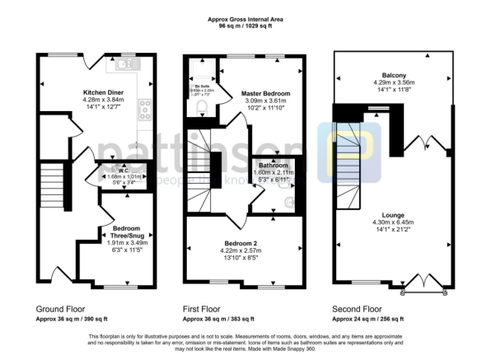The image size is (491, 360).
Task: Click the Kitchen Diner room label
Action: coord(102,92)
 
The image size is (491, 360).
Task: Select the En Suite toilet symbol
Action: coord(199,104)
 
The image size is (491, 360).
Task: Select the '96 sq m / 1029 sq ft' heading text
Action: coord(245,26)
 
